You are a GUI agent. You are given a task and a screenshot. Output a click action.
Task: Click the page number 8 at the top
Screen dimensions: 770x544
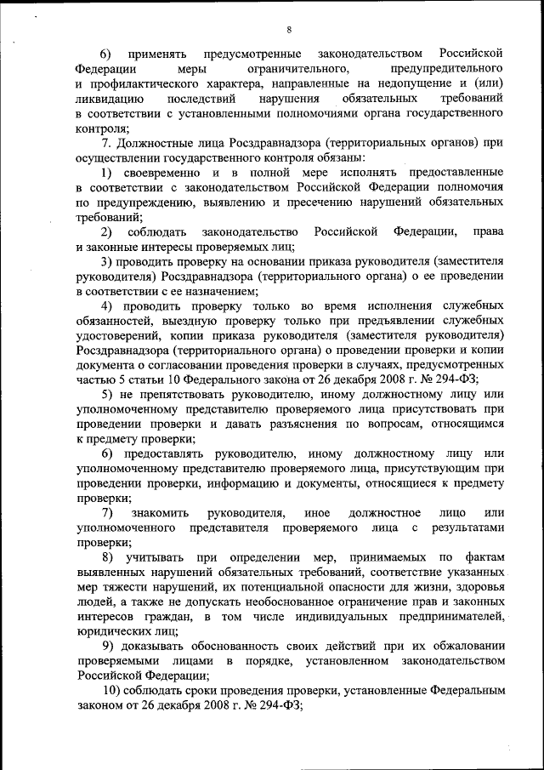click(x=289, y=30)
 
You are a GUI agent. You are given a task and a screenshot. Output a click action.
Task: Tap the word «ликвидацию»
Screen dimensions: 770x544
click(x=107, y=99)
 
